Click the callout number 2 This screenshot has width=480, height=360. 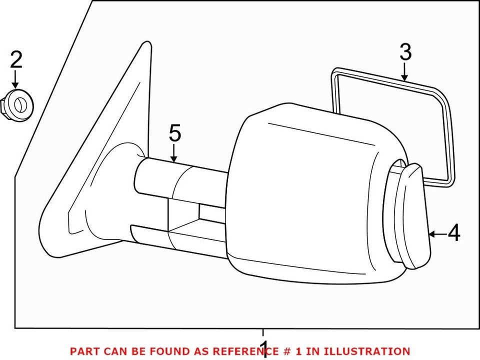point(16,60)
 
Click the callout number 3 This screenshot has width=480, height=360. point(405,52)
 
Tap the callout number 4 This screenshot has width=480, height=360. point(453,233)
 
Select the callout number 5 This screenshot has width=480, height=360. point(174,134)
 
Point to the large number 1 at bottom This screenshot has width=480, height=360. point(264,348)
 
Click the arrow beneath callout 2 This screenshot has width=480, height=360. point(16,80)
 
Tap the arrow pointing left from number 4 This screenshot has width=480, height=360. point(437,233)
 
